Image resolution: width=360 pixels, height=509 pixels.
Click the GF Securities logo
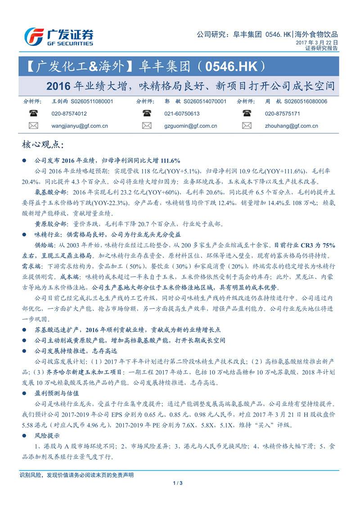[58, 36]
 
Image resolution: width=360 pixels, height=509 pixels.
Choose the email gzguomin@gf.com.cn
[191, 126]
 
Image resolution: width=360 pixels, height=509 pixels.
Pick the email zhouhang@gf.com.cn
[291, 126]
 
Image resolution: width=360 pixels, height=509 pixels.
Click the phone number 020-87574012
[70, 114]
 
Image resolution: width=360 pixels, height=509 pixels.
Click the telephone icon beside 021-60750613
[147, 113]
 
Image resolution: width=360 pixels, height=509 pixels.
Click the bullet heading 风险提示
[47, 436]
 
